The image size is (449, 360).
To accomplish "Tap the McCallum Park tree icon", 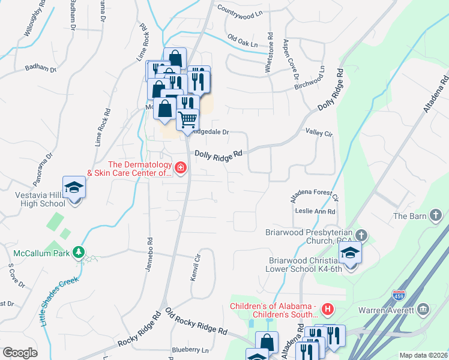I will (x=77, y=252).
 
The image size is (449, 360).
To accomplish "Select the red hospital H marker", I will (x=328, y=310).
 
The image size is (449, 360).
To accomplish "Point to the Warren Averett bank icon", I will (x=424, y=310).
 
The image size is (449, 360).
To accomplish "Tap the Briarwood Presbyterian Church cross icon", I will (x=361, y=235).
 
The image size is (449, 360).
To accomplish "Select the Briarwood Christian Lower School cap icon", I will (x=350, y=253).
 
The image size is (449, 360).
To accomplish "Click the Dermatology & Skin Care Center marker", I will (x=181, y=167).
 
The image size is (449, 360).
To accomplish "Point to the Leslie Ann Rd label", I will (x=315, y=211).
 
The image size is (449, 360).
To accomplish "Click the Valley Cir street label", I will (x=319, y=132).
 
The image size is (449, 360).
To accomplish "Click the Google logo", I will (x=20, y=352).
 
